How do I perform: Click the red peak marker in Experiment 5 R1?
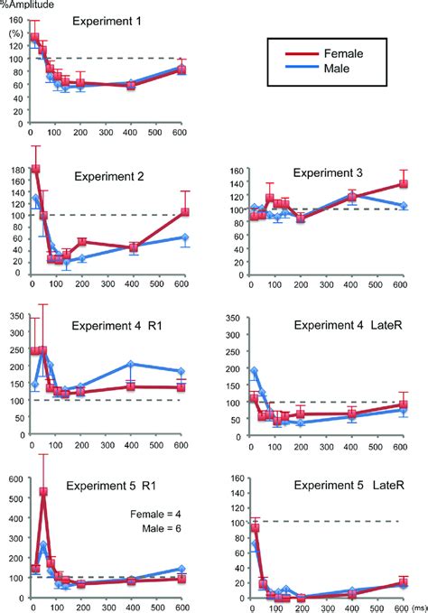(43, 492)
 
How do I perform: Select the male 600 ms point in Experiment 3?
(403, 206)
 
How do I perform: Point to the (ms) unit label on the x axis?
(417, 607)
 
